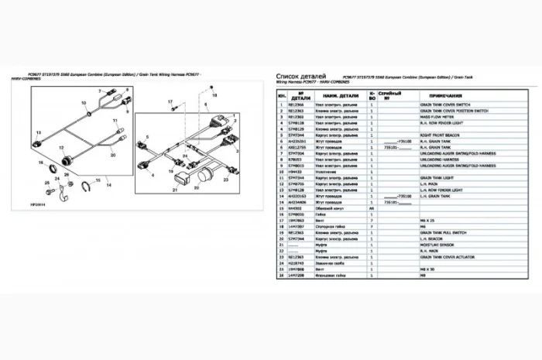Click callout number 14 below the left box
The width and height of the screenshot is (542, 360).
(108, 185)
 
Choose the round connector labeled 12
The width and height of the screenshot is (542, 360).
(67, 159)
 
